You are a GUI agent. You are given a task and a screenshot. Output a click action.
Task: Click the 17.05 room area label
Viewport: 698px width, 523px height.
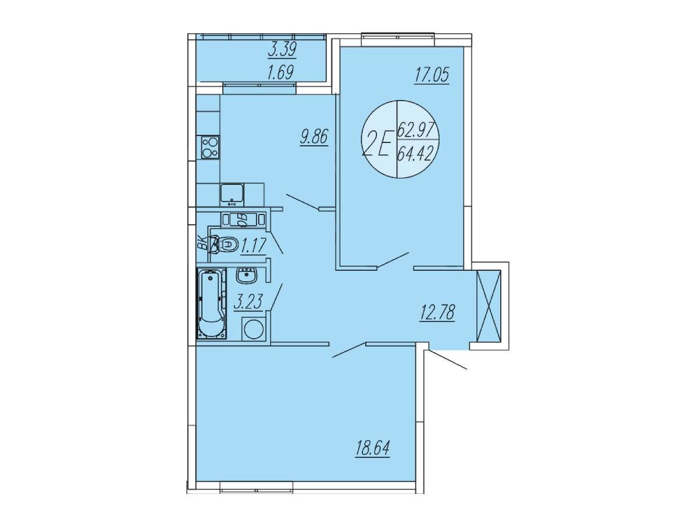coord(432,76)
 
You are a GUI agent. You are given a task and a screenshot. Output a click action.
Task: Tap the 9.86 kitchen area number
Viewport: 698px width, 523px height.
coord(314,138)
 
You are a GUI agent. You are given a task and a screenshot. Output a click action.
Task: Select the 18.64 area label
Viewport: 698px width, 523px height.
coord(373,449)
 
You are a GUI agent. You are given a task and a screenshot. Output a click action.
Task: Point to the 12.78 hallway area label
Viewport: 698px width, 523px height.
coord(437,313)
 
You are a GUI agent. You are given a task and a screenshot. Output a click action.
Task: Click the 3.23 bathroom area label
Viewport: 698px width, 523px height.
coord(248,302)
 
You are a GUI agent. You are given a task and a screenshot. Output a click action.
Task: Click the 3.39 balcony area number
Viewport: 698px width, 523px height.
coord(282,50)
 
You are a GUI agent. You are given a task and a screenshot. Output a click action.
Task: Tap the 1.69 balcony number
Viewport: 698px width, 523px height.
coord(280,73)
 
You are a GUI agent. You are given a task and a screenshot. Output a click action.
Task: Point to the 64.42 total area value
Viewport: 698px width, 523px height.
coord(415,156)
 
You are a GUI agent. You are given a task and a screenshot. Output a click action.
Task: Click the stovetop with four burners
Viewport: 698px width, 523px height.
coord(211,148)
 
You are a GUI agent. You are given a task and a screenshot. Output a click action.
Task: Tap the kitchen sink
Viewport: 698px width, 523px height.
coord(232,194)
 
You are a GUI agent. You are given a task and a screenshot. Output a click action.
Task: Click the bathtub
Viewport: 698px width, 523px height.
coord(212,303)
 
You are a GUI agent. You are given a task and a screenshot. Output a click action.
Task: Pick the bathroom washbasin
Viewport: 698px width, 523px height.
coord(247,275)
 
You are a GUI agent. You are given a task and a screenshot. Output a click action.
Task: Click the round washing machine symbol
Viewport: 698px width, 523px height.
coord(253,329)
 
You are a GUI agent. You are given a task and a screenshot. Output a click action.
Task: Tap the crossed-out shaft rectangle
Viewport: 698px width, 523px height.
coord(489,306)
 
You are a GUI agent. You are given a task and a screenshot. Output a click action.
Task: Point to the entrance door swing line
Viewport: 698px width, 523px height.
coord(447,360)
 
